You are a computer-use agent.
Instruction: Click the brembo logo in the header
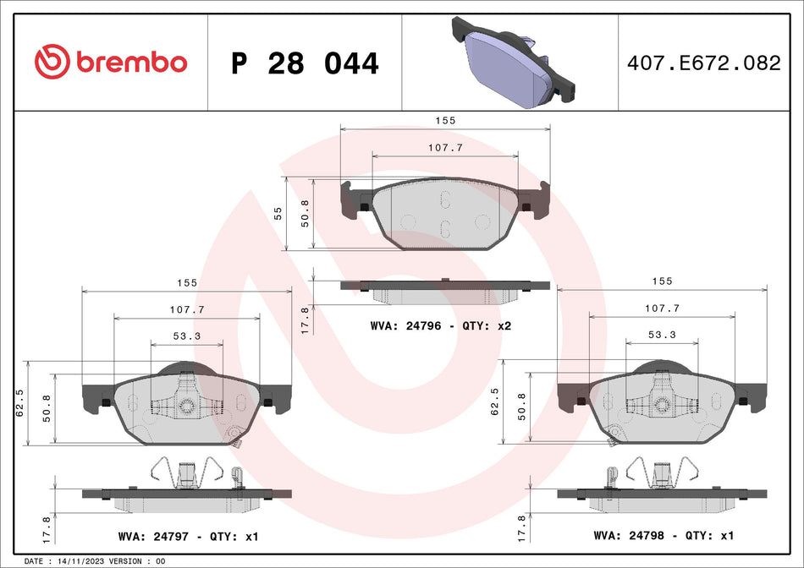pos(110,62)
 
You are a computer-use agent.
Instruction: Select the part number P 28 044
pos(305,63)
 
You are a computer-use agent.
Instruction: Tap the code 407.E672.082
pos(708,63)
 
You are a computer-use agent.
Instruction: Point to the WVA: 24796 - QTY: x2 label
pos(441,325)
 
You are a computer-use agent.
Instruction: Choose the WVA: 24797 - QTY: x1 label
pos(189,536)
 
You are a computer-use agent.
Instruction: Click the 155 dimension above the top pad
pos(446,121)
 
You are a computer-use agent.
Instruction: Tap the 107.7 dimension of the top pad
pos(446,147)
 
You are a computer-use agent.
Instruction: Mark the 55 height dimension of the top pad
pos(278,213)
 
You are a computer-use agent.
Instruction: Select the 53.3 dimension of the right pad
pos(662,335)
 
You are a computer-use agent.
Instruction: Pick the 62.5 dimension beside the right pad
pos(496,402)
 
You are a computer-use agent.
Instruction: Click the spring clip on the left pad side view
pos(184,472)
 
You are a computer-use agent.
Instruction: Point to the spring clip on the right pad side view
pos(659,472)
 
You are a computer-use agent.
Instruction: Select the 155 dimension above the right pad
pos(662,281)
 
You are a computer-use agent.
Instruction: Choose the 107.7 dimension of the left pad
pos(187,309)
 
